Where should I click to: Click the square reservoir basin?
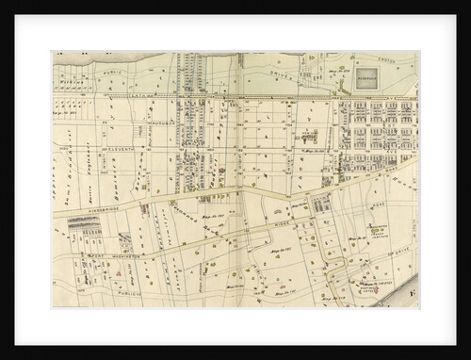click(367, 74)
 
